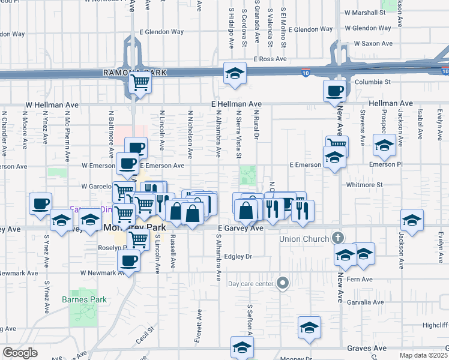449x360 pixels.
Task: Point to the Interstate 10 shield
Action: click(x=306, y=73)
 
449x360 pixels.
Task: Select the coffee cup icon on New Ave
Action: click(x=334, y=91)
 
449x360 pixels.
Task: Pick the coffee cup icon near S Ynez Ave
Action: click(x=41, y=203)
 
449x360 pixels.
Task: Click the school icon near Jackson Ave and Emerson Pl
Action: click(x=384, y=145)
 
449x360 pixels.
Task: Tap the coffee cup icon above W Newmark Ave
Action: click(x=130, y=260)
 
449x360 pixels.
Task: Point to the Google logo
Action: click(x=20, y=352)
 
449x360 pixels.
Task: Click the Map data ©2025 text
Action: click(x=424, y=355)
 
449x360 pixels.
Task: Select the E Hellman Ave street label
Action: click(x=237, y=104)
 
